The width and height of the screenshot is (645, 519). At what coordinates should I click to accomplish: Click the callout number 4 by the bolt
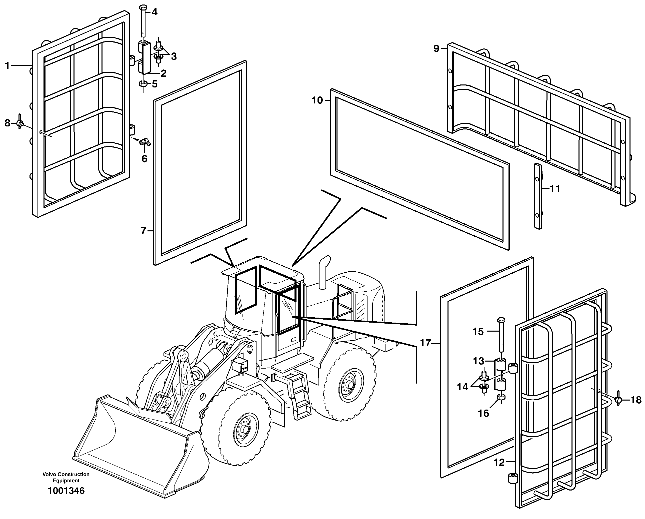[x=154, y=12]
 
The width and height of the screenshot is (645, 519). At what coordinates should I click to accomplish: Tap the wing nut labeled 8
[x=20, y=123]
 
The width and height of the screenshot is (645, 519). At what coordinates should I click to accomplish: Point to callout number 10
[x=317, y=100]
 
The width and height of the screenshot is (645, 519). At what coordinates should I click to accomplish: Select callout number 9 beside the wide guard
[x=436, y=48]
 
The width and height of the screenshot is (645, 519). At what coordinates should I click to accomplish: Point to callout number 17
[x=425, y=343]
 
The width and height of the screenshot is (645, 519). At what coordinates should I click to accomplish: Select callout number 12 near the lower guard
[x=499, y=463]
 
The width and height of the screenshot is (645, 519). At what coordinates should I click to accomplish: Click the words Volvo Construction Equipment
[x=66, y=478]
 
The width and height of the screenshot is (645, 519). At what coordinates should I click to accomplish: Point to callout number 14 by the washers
[x=462, y=387]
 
